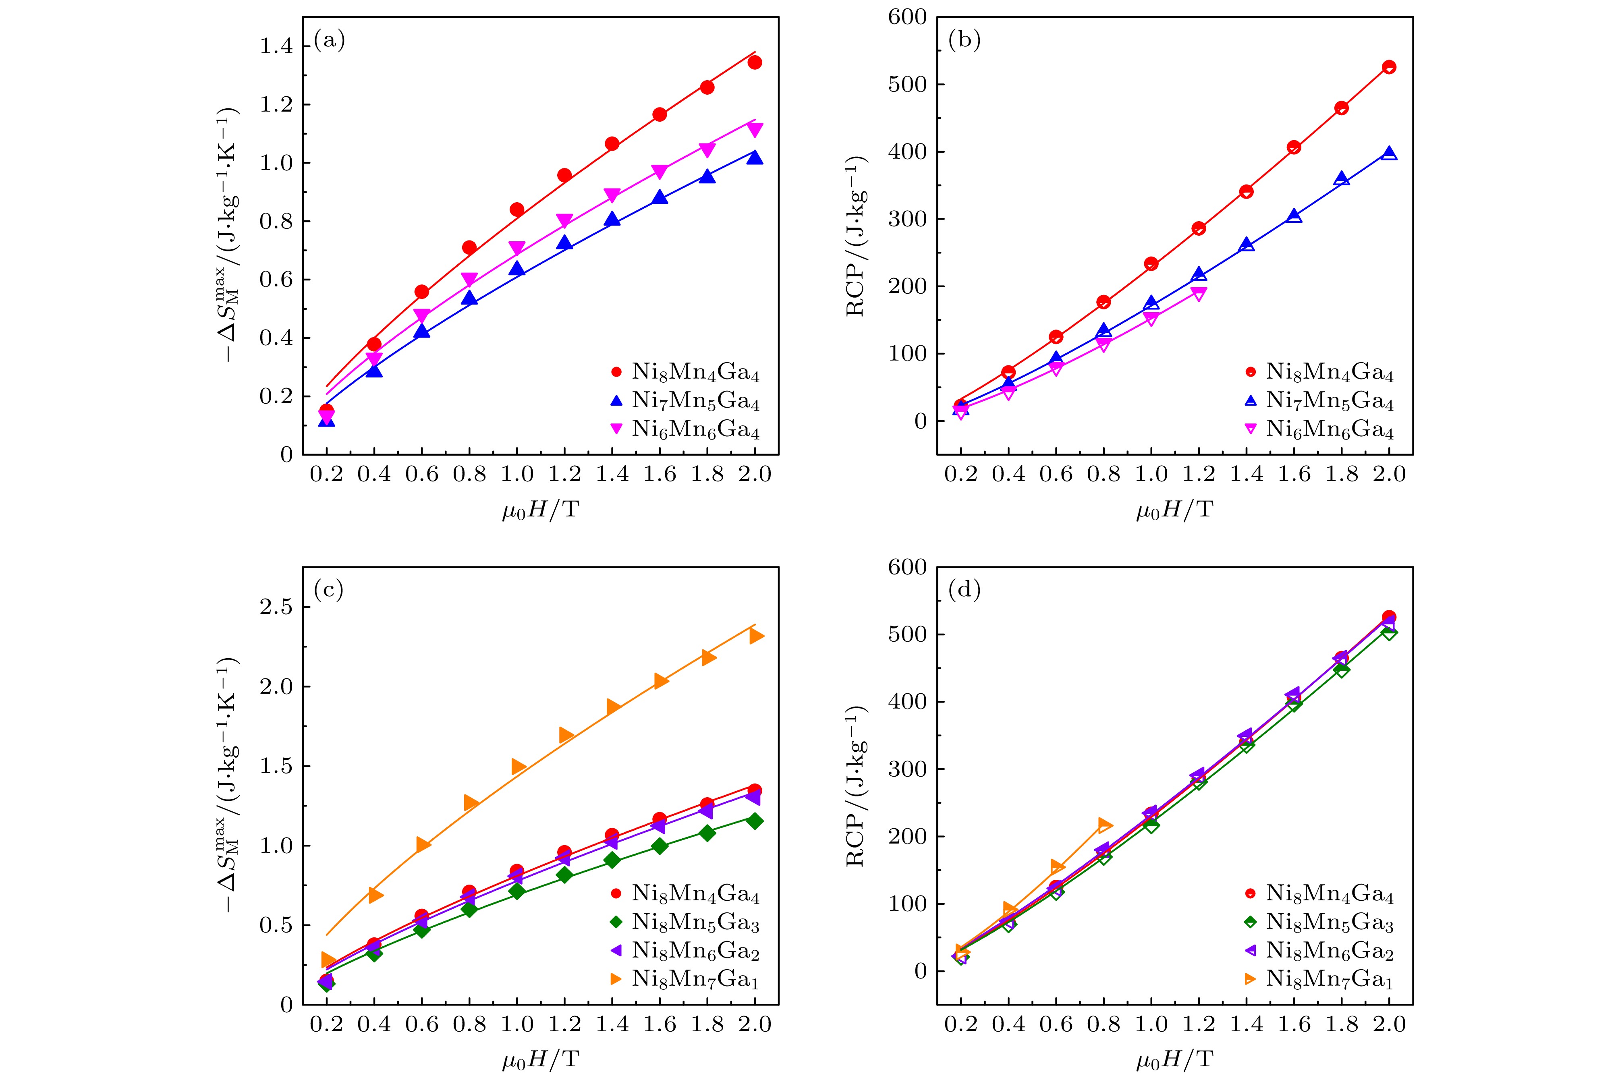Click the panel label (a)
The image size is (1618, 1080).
pyautogui.click(x=329, y=41)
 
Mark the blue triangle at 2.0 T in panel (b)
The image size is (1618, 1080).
pyautogui.click(x=1389, y=153)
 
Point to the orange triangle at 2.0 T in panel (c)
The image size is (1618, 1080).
pyautogui.click(x=756, y=636)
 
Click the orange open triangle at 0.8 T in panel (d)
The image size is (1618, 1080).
pyautogui.click(x=1104, y=825)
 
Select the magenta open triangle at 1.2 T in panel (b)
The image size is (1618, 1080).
pyautogui.click(x=1199, y=294)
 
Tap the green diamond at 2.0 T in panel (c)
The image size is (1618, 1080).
pyautogui.click(x=755, y=820)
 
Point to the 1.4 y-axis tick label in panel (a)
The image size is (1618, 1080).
pyautogui.click(x=276, y=47)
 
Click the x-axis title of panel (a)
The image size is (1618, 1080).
pyautogui.click(x=540, y=510)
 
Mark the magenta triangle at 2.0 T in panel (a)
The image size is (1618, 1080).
pyautogui.click(x=755, y=129)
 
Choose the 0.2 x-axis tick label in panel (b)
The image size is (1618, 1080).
pyautogui.click(x=961, y=474)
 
